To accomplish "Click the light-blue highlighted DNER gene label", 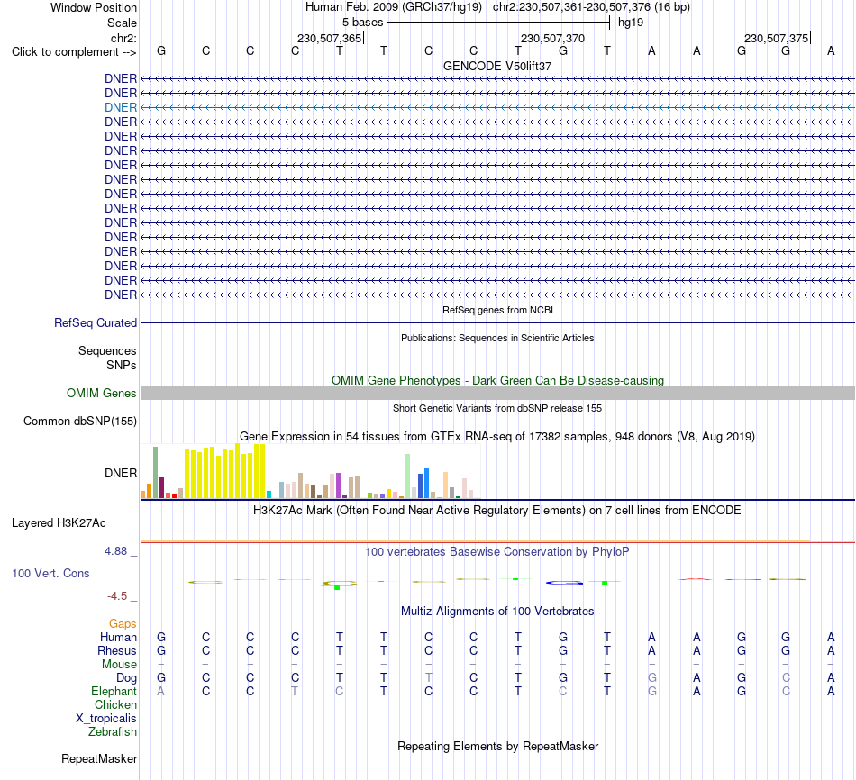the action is (121, 107).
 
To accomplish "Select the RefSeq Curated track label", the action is (96, 323).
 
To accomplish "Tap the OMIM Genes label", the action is (102, 393).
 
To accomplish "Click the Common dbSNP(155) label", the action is (80, 421).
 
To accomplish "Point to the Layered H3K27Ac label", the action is (59, 523).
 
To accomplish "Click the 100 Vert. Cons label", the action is (50, 573).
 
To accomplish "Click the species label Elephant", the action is (114, 692).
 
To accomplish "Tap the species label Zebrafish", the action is (113, 732).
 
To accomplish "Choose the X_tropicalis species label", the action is (106, 719).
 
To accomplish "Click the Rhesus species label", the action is (117, 650).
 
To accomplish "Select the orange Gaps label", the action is (123, 624).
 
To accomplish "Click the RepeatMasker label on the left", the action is (99, 758).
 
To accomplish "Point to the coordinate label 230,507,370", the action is (552, 38).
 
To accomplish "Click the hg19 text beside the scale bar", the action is (631, 23).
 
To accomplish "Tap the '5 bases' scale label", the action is (363, 23).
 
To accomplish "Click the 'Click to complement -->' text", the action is (74, 52).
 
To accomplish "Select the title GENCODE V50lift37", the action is (497, 66).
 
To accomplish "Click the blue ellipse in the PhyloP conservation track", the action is (564, 584).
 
